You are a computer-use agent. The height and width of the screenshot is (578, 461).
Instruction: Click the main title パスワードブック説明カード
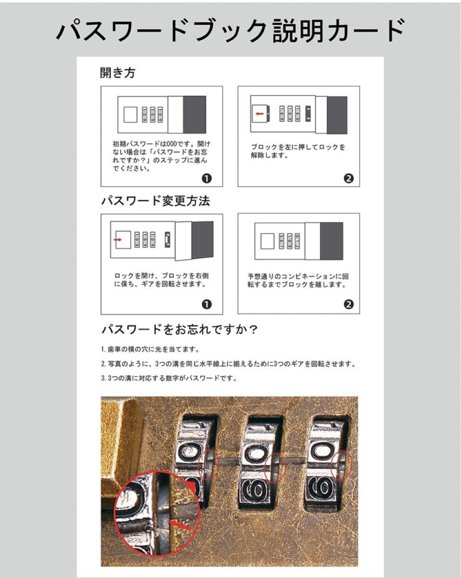point(230,31)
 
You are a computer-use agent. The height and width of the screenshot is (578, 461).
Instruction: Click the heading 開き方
point(117,73)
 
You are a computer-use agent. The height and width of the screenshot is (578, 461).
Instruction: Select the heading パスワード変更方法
point(155,201)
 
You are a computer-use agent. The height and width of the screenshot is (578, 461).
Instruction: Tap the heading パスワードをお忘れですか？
point(180,330)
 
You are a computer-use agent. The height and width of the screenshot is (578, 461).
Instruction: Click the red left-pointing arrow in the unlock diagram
point(260,114)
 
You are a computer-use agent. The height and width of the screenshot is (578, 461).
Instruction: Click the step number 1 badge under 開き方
point(206,179)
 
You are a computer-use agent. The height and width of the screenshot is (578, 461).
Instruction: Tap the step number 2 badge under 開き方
point(349,179)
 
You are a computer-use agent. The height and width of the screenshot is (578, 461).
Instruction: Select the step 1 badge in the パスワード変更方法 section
point(206,304)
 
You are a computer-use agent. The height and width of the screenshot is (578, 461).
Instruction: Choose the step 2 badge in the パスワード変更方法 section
point(349,304)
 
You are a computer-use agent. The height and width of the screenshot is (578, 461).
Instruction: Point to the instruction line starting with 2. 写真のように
point(228,364)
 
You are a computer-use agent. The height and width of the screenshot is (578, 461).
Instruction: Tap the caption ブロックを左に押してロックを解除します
point(298,151)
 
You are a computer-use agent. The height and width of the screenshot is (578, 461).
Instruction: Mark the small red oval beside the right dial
point(342,465)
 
